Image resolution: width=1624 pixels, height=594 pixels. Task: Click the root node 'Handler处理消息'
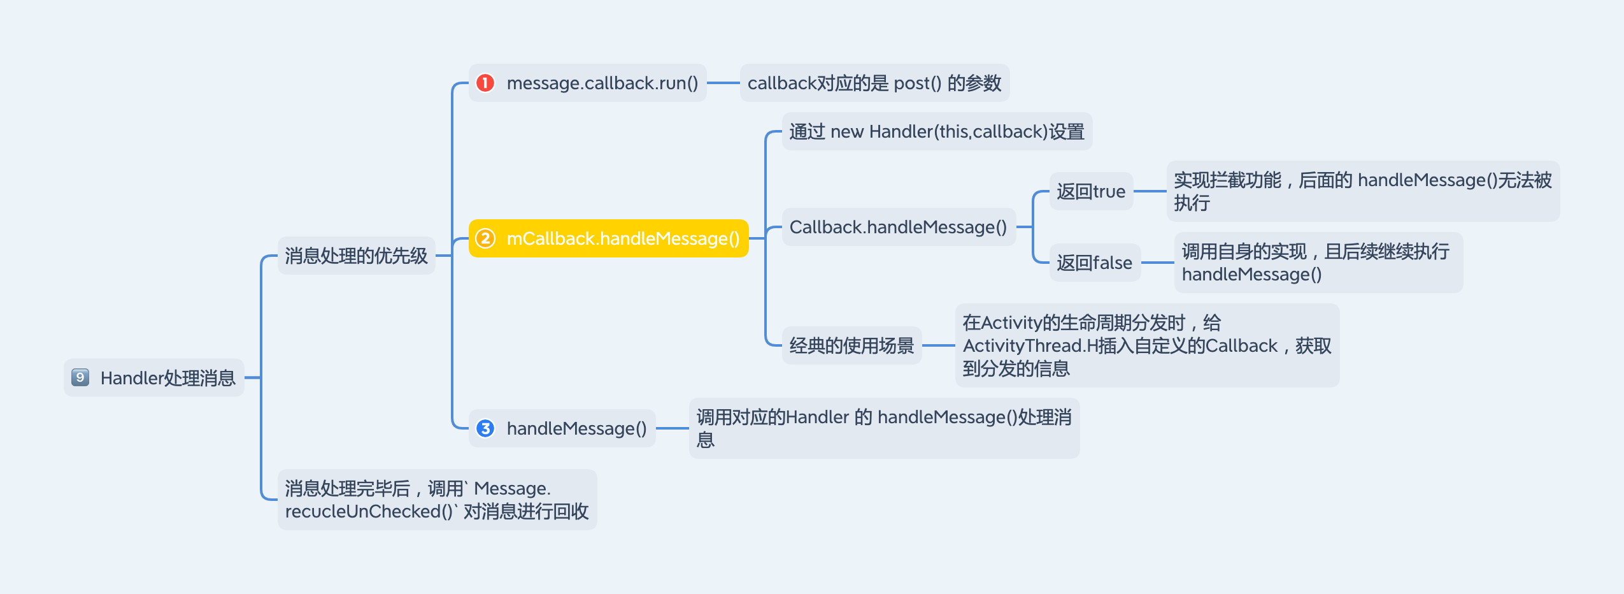(x=167, y=378)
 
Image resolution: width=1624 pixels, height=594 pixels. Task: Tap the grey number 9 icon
(x=80, y=377)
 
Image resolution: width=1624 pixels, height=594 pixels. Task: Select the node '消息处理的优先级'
(x=356, y=256)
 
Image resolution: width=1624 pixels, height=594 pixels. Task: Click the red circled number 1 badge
(x=485, y=83)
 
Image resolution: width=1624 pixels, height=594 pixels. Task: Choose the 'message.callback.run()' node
(x=602, y=83)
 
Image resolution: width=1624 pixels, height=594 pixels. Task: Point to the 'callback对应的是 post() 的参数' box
(x=874, y=83)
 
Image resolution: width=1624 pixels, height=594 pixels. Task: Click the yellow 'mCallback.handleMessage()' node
(x=622, y=238)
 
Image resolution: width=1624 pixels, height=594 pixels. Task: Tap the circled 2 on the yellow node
(x=485, y=238)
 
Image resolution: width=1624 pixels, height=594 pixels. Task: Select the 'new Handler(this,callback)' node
(x=936, y=131)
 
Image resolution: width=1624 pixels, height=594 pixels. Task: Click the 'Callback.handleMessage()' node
(x=898, y=227)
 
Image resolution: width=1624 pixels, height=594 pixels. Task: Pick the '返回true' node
(x=1090, y=191)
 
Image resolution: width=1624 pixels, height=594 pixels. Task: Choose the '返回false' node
(x=1094, y=263)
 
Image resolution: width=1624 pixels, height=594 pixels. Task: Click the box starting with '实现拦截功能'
(x=1362, y=191)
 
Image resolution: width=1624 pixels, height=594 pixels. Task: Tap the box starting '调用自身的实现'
(x=1318, y=263)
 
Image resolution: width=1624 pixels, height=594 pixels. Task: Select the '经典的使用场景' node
(x=851, y=345)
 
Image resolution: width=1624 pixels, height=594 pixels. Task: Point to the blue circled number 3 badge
(x=485, y=428)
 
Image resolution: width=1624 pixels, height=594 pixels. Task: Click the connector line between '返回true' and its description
(x=1150, y=191)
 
